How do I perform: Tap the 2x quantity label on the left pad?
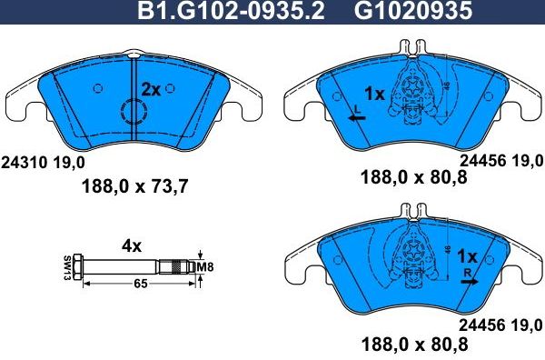pyautogui.click(x=150, y=89)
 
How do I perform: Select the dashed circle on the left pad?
pyautogui.click(x=134, y=114)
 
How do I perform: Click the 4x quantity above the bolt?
pyautogui.click(x=132, y=245)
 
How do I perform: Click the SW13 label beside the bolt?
pyautogui.click(x=68, y=266)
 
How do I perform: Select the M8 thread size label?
pyautogui.click(x=205, y=266)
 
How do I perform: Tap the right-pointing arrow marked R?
pyautogui.click(x=469, y=282)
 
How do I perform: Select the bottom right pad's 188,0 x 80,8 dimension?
pyautogui.click(x=416, y=345)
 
